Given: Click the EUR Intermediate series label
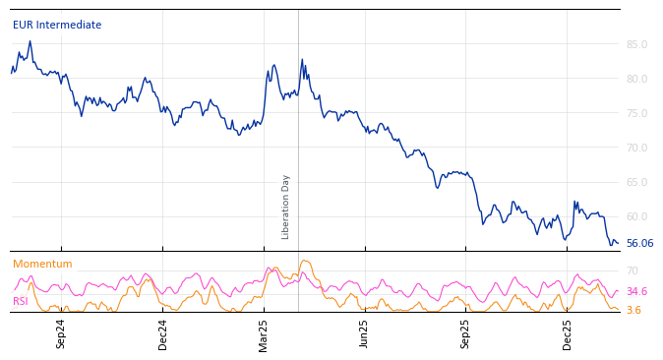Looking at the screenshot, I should point(57,26).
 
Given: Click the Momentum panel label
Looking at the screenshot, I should point(42,265).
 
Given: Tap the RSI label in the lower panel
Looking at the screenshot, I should point(21,302).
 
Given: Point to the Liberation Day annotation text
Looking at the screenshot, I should point(286,207).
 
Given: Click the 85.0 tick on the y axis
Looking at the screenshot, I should point(636,44).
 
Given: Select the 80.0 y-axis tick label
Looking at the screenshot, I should point(636,79).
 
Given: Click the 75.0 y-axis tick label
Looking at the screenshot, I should point(636,113).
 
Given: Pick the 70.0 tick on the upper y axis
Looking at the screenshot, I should point(636,148).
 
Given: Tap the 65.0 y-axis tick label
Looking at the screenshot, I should point(636,182).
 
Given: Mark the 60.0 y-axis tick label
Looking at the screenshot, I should point(636,216).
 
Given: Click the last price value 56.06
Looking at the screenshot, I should point(639,244).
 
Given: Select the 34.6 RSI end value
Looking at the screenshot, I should point(636,292).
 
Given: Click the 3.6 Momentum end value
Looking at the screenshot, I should point(633,311).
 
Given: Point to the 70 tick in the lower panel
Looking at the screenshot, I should point(633,270).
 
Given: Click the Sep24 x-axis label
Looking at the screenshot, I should point(61,333).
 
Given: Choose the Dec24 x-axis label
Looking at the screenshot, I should point(163,333).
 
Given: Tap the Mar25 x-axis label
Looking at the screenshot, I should point(264,333).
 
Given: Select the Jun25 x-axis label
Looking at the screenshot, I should point(365,333).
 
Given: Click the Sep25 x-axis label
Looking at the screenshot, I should point(466,333).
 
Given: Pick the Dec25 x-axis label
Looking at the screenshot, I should point(568,333).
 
